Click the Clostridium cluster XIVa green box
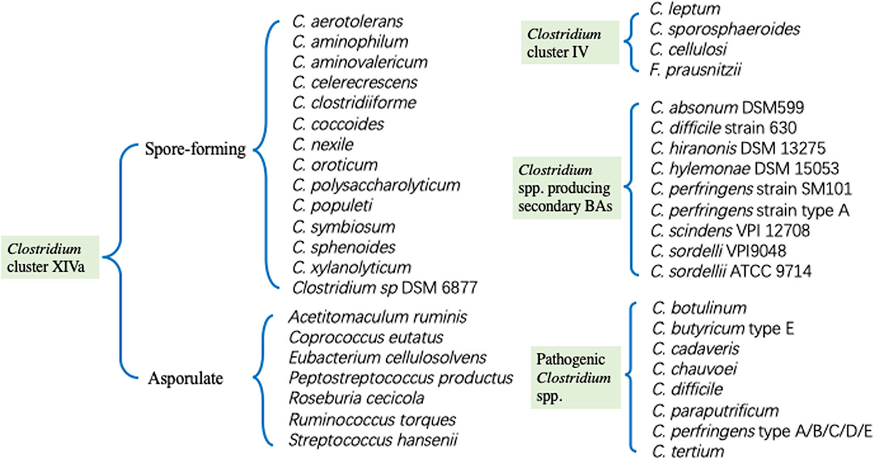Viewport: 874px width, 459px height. pyautogui.click(x=50, y=256)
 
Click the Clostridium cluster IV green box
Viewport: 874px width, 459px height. pyautogui.click(x=564, y=42)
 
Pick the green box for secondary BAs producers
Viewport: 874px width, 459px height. pyautogui.click(x=567, y=186)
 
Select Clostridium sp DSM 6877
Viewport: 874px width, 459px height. pyautogui.click(x=385, y=287)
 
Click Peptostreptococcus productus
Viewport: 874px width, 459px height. pyautogui.click(x=401, y=378)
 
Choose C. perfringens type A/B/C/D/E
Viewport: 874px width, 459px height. pyautogui.click(x=761, y=432)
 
